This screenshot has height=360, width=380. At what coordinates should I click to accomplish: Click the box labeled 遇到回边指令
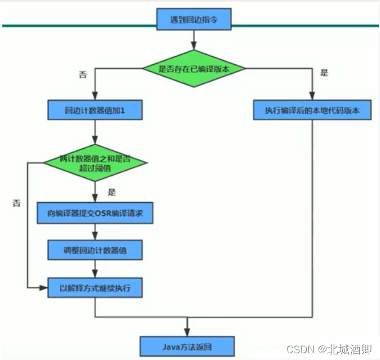point(193,18)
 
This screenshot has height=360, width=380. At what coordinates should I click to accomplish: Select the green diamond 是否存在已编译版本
point(193,69)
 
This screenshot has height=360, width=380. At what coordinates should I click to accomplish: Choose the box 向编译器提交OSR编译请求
point(95,214)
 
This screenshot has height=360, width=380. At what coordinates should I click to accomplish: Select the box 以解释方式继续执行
point(95,288)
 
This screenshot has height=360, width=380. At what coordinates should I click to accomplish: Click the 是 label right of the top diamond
point(324,73)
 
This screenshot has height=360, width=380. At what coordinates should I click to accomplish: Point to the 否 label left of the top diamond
point(83,74)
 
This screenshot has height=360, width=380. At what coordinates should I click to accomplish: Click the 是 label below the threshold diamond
point(111,192)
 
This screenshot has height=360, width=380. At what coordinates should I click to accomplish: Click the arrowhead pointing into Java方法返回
point(186,332)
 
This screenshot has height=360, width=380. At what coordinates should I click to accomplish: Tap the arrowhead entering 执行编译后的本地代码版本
point(312,97)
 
